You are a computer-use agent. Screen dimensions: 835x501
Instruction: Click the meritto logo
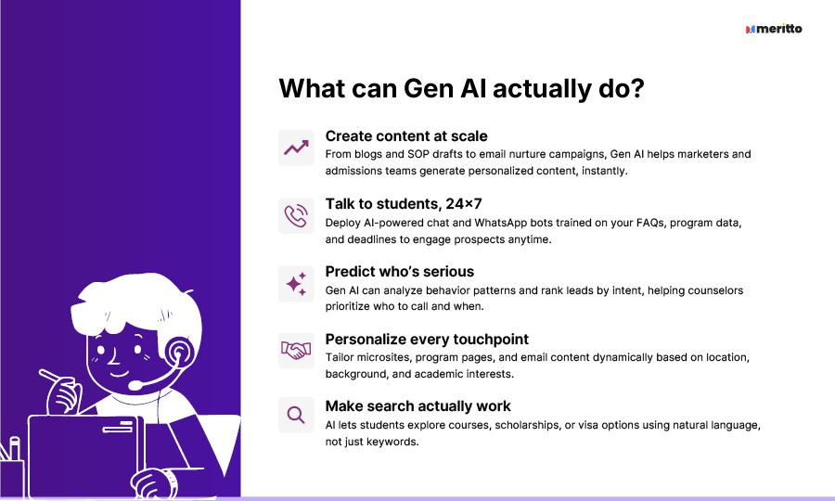pyautogui.click(x=774, y=29)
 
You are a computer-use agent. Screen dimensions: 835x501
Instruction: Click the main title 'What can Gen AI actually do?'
pyautogui.click(x=461, y=88)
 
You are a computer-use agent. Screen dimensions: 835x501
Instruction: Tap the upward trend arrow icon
pyautogui.click(x=296, y=148)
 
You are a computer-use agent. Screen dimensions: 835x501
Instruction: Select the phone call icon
pyautogui.click(x=296, y=215)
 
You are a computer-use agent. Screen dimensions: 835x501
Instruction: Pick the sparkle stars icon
pyautogui.click(x=296, y=284)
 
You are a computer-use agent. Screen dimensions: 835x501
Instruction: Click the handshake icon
pyautogui.click(x=296, y=351)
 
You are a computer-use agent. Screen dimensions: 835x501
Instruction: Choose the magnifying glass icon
pyautogui.click(x=296, y=416)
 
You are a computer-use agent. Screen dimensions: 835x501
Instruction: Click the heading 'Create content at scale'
pyautogui.click(x=406, y=136)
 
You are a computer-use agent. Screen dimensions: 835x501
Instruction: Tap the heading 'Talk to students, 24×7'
pyautogui.click(x=404, y=204)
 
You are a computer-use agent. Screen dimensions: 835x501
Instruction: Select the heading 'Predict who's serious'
pyautogui.click(x=399, y=272)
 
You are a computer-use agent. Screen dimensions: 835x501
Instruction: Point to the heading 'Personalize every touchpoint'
pyautogui.click(x=427, y=340)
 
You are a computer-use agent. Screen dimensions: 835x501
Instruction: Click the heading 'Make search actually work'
pyautogui.click(x=418, y=406)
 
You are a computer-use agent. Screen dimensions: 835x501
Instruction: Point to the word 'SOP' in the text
pyautogui.click(x=418, y=154)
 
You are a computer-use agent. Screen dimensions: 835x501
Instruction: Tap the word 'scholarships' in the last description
pyautogui.click(x=527, y=426)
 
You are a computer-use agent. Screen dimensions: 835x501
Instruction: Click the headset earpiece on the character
pyautogui.click(x=178, y=352)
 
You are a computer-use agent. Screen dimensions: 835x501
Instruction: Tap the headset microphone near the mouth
pyautogui.click(x=135, y=384)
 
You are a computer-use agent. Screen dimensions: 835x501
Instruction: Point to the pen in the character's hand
pyautogui.click(x=52, y=376)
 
